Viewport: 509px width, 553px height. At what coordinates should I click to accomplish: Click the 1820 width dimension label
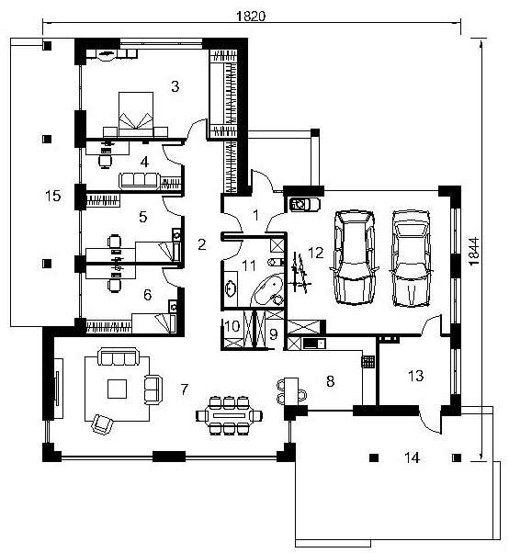251,16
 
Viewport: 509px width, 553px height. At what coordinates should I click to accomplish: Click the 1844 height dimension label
474,252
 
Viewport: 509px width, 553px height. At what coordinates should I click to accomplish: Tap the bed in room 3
136,114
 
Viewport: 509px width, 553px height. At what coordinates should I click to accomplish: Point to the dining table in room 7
229,415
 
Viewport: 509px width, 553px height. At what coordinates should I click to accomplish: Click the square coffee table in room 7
117,389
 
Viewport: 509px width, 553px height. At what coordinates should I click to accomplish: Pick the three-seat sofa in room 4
140,180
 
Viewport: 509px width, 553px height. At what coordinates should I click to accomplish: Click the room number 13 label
415,376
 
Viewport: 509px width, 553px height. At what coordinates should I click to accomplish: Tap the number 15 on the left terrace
53,196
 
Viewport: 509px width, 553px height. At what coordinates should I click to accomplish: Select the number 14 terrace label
412,457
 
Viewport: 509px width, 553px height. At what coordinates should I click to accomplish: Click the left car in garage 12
354,257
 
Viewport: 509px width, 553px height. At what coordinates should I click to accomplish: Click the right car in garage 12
412,258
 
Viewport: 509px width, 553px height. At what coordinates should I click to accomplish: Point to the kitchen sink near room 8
314,344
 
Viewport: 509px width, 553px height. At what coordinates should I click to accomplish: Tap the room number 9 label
274,334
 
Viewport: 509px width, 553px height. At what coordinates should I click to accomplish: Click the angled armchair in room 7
102,423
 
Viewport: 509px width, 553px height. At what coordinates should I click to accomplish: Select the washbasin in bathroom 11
231,288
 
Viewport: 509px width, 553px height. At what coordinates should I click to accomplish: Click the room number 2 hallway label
202,244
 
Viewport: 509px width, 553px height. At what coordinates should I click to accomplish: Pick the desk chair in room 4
105,161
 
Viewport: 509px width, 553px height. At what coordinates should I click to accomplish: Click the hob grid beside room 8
368,362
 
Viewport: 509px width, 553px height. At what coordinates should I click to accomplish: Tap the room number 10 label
232,327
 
